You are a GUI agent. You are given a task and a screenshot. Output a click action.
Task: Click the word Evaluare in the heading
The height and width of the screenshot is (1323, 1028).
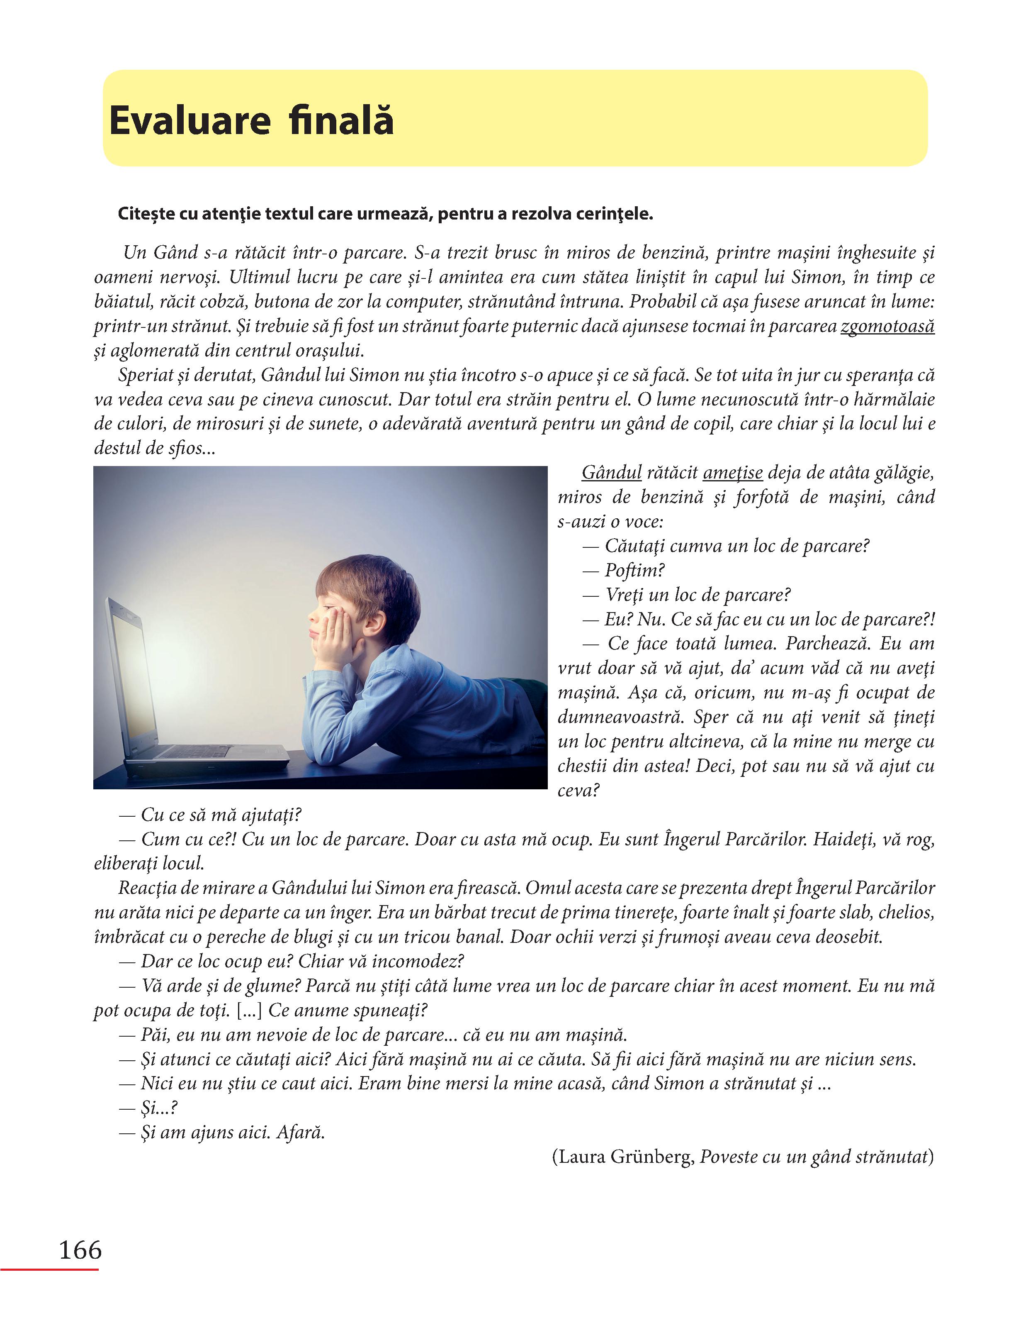(190, 120)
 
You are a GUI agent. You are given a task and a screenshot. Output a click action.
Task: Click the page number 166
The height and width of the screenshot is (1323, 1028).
(80, 1249)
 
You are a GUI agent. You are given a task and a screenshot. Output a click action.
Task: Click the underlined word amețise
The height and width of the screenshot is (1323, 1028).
(733, 473)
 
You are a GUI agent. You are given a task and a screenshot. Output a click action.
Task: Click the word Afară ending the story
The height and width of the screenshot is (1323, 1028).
(300, 1132)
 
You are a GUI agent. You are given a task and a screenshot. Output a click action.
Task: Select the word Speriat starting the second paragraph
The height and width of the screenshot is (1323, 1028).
(144, 376)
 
